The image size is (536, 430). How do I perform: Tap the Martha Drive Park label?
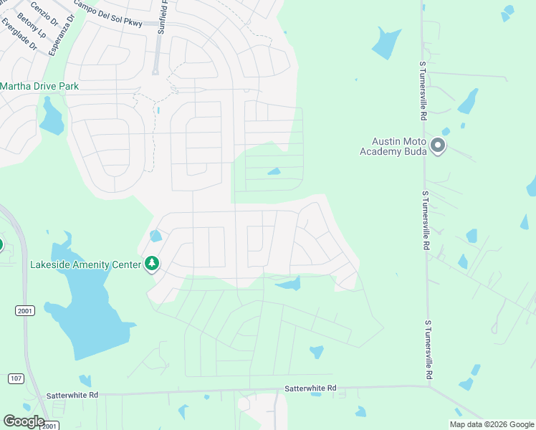39,86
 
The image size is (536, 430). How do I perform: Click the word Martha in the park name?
16,86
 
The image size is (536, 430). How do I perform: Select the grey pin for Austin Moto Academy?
438,147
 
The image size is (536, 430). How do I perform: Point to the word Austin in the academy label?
386,141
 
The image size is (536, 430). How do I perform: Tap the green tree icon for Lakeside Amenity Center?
151,264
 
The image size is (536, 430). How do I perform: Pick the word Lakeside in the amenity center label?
50,264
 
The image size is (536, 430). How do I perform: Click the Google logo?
24,421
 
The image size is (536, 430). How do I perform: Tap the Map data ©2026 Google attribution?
492,424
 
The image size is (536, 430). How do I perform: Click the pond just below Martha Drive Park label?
51,118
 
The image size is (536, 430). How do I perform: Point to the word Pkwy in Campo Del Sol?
133,19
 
